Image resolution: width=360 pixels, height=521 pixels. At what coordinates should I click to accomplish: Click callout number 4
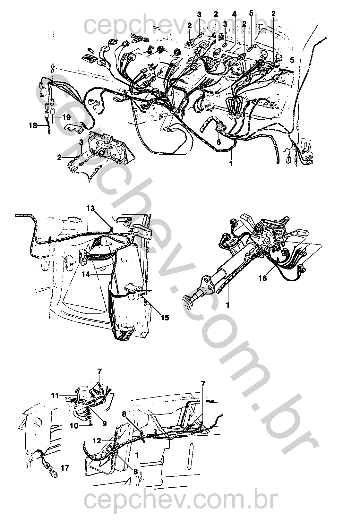click(234, 14)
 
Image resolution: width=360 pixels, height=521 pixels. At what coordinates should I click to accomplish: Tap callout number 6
click(219, 142)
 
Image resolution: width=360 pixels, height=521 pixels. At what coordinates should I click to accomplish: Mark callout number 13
click(91, 208)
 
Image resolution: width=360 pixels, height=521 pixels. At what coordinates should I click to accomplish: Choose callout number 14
click(86, 275)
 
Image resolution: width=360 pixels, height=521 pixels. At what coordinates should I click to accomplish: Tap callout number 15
click(165, 318)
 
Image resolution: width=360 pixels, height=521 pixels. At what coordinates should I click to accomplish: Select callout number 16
click(263, 278)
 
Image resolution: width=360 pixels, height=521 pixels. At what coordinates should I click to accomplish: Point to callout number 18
click(33, 126)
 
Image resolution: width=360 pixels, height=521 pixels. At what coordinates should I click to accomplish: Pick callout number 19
click(66, 117)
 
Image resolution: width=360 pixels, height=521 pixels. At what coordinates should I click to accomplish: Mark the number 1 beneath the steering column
click(228, 305)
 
